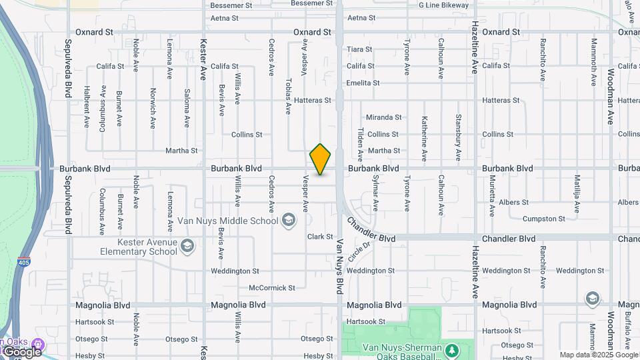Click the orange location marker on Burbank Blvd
(320, 159)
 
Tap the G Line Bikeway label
(443, 5)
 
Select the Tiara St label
(359, 49)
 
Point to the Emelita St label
(363, 83)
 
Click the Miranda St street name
(384, 117)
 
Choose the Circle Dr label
(358, 251)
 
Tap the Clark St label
(320, 237)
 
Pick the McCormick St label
(271, 288)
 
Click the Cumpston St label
(543, 219)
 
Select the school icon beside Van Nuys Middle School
(289, 219)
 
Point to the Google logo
(22, 351)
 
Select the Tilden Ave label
(360, 145)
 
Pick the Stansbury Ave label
(458, 138)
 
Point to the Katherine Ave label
(424, 139)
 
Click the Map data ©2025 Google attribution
(599, 355)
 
